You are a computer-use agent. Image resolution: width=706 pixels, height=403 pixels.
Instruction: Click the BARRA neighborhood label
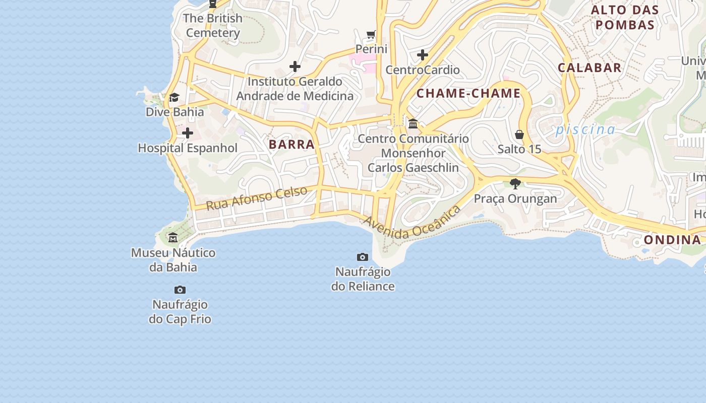[x=291, y=145]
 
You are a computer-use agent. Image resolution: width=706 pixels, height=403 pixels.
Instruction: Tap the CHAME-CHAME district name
[x=468, y=93]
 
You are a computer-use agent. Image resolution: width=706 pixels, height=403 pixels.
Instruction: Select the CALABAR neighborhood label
[x=589, y=68]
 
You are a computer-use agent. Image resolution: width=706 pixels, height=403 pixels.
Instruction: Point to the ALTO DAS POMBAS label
[x=624, y=17]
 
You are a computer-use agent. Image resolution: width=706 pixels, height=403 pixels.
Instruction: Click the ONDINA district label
[x=672, y=239]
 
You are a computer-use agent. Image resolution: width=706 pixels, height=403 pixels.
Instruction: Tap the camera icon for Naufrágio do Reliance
[x=362, y=257]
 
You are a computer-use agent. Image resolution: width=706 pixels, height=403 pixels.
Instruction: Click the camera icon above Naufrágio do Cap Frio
[x=180, y=290]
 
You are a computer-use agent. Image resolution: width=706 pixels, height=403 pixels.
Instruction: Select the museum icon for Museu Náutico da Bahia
[x=173, y=237]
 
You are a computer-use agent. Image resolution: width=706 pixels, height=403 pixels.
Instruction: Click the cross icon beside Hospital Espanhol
[x=188, y=133]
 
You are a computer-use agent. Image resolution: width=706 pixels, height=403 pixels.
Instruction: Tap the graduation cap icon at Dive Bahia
[x=174, y=97]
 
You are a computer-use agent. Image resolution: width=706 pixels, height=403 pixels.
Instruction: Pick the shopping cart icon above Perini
[x=371, y=35]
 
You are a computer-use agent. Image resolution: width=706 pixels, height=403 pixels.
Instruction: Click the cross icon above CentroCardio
[x=423, y=55]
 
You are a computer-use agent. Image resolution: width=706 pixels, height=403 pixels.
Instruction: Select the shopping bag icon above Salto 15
[x=519, y=135]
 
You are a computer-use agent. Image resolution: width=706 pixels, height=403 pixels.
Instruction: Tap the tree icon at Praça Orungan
[x=515, y=183]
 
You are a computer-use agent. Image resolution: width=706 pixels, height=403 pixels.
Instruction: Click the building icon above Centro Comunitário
[x=413, y=123]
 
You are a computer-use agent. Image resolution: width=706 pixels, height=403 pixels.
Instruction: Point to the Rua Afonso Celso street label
[x=257, y=198]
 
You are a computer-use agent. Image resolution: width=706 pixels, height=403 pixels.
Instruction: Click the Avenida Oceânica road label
[x=412, y=223]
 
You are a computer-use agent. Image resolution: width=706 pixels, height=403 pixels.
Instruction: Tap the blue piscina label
[x=585, y=130]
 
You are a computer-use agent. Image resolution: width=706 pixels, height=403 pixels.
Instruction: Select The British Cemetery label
[x=212, y=25]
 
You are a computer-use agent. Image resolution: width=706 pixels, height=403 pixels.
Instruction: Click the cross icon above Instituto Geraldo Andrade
[x=295, y=66]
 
